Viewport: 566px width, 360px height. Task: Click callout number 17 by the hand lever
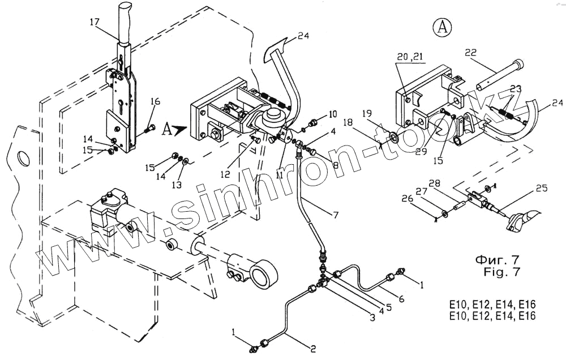pyautogui.click(x=93, y=23)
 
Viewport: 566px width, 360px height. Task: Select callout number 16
pyautogui.click(x=155, y=102)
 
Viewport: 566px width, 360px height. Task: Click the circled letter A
pyautogui.click(x=442, y=26)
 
